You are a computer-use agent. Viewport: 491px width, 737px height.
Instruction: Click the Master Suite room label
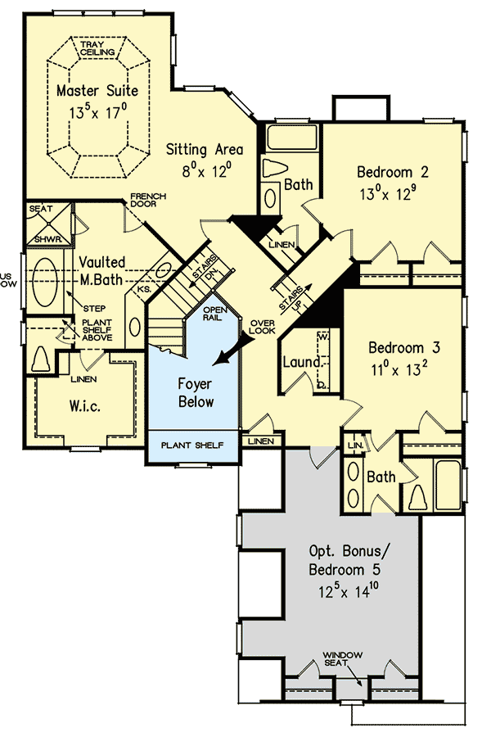coord(97,90)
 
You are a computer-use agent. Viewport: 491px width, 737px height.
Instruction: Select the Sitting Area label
coord(205,149)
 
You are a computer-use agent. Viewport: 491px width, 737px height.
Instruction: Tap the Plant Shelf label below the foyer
coord(193,446)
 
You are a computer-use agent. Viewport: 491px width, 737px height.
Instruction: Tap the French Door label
coord(148,201)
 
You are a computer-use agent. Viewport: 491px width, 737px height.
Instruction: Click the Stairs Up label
coord(296,298)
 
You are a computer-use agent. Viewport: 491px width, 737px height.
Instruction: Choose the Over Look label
coord(264,327)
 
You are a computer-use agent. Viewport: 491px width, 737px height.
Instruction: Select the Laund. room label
coord(300,361)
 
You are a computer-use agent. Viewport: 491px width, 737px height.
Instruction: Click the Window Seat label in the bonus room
coord(340,659)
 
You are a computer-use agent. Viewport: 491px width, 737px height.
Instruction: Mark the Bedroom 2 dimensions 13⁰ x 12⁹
coord(393,196)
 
